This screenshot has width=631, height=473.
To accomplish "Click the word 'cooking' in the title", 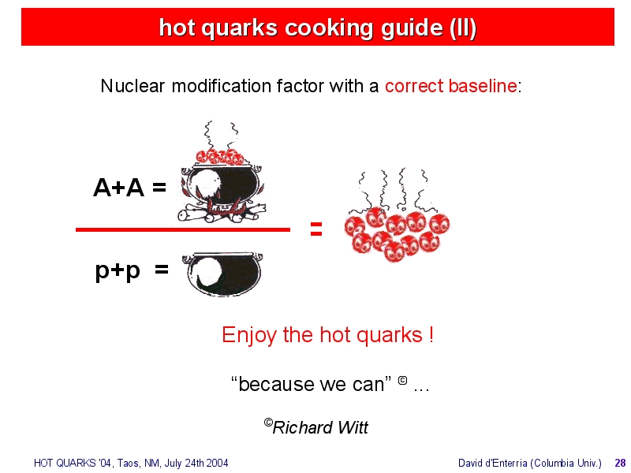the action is click(330, 28).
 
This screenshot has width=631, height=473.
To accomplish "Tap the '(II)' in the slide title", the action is click(463, 28).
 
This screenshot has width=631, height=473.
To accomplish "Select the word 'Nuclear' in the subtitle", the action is click(133, 86).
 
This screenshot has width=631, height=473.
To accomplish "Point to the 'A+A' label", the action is click(119, 188).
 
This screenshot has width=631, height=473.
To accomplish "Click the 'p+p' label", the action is click(118, 270).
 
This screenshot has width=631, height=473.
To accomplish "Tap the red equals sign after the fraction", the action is click(316, 229).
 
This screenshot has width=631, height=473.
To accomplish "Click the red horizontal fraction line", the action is click(183, 229).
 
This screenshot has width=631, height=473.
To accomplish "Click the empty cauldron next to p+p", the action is click(222, 274).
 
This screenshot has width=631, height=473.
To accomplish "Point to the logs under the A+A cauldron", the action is click(222, 214).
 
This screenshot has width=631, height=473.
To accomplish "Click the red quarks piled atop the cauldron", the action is click(220, 157).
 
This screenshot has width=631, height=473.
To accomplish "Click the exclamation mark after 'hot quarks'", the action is click(431, 334).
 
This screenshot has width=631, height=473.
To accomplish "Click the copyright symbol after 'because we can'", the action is click(402, 380).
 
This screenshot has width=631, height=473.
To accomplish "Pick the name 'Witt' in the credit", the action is click(353, 427).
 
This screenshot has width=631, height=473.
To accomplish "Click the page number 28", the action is click(620, 463).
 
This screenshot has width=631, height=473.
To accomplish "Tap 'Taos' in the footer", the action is click(128, 464).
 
